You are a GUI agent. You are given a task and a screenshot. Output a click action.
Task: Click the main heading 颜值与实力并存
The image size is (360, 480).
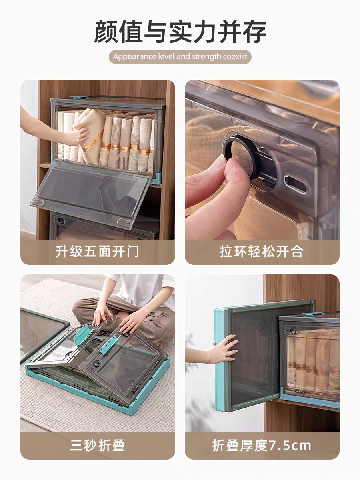(x=180, y=31)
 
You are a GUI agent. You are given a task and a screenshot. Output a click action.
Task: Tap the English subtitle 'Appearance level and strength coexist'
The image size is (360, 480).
(x=180, y=57)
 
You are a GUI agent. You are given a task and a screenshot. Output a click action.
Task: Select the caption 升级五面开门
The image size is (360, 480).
(x=97, y=252)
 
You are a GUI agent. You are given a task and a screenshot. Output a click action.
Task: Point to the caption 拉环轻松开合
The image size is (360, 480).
(x=262, y=252)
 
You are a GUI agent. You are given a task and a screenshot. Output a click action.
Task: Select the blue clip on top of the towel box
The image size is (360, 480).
(x=79, y=97)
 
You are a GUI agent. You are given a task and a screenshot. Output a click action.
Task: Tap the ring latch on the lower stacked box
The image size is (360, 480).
(x=62, y=221)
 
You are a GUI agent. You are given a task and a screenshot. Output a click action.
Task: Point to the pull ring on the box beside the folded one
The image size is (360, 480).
(x=294, y=331)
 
